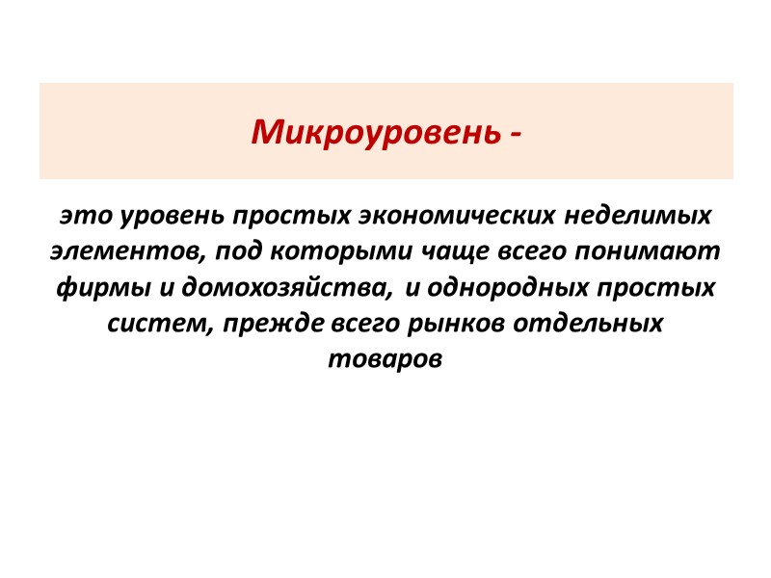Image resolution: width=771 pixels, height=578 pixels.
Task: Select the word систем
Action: (x=157, y=324)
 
